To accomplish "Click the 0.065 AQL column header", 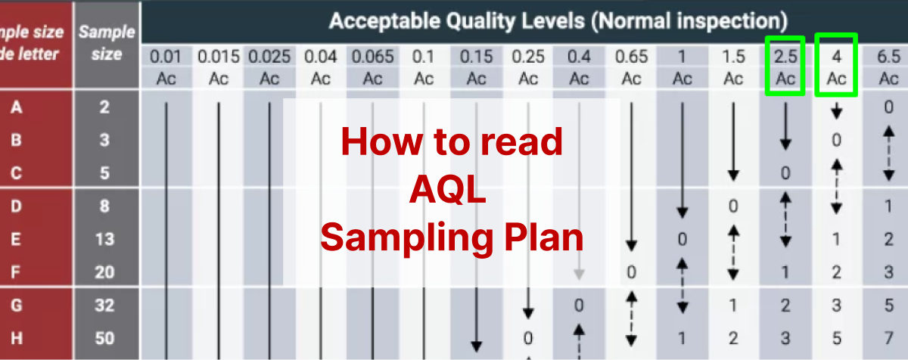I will point(373,57).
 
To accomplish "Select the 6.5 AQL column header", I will point(888,57).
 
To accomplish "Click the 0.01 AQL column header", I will point(166,57).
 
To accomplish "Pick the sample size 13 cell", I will point(105,239).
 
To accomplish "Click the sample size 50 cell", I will point(105,337).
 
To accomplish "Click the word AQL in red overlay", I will point(452,190).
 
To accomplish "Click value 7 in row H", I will point(888,337).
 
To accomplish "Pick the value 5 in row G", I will point(888,306).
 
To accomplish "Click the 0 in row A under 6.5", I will point(888,107).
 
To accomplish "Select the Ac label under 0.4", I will point(579,78).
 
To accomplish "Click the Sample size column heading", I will point(107,43).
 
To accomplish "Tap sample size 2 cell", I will point(105,107).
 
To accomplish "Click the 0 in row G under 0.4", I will point(579,306).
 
